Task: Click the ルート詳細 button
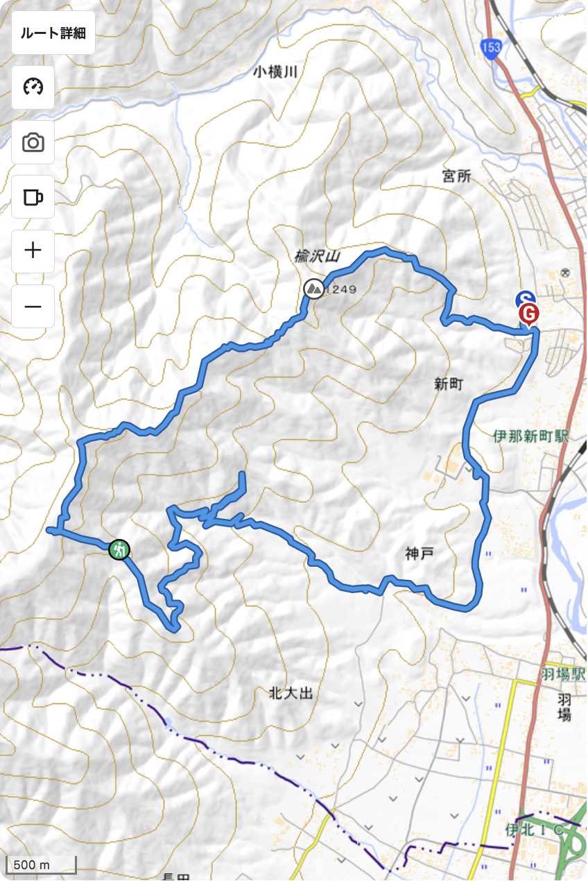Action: pos(53,33)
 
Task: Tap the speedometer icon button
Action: pos(33,87)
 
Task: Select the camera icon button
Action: pos(33,143)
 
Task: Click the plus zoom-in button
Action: pos(33,250)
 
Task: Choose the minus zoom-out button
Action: pos(33,306)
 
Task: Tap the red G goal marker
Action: pos(528,314)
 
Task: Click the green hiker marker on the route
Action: pos(119,549)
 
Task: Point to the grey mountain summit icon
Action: pos(313,288)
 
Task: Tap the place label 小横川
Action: pos(274,71)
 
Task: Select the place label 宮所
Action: pos(456,176)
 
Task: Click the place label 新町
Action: pos(448,384)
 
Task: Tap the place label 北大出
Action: pos(291,692)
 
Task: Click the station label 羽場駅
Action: pos(563,673)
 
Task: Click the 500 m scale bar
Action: pos(41,864)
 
